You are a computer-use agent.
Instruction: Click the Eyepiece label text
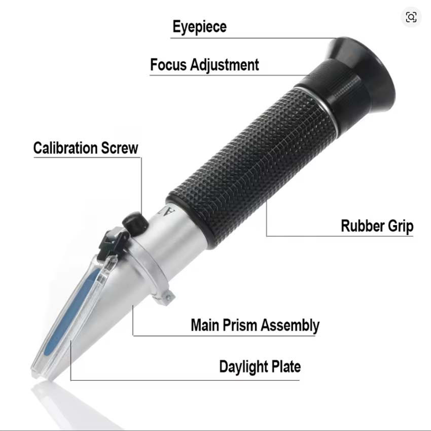[x=200, y=27]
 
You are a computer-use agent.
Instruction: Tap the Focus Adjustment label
[x=204, y=65]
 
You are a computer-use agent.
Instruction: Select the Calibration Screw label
[x=86, y=148]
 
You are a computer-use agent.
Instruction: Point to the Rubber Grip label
[x=377, y=226]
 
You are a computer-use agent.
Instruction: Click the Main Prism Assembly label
[x=255, y=326]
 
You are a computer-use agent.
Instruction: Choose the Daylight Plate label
[x=260, y=367]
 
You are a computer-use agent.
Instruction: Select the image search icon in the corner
[x=411, y=17]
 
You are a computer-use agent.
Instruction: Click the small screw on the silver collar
[x=167, y=297]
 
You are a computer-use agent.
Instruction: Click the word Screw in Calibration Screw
[x=119, y=148]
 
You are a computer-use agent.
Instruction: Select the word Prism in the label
[x=239, y=325]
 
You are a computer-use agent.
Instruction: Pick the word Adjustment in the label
[x=225, y=65]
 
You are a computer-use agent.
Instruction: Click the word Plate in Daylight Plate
[x=286, y=366]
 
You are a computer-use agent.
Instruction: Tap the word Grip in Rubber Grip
[x=401, y=227]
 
